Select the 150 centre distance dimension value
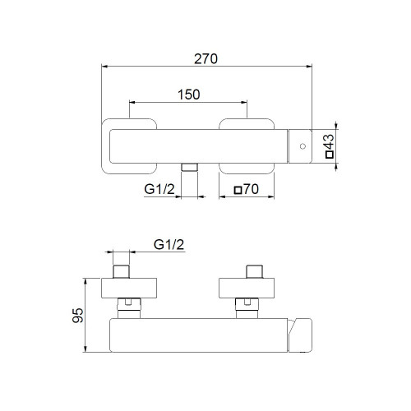188,94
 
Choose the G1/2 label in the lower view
169,245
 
